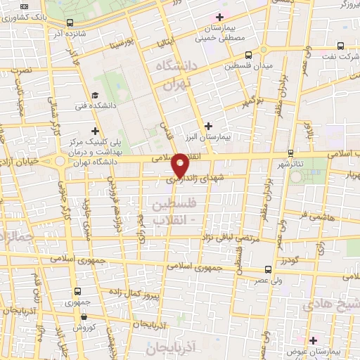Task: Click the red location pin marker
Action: click(181, 164)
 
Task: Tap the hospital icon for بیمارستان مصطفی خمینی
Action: click(220, 17)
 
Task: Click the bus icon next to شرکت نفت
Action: click(340, 46)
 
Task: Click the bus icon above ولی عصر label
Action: click(268, 269)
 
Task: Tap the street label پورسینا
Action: click(124, 45)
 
